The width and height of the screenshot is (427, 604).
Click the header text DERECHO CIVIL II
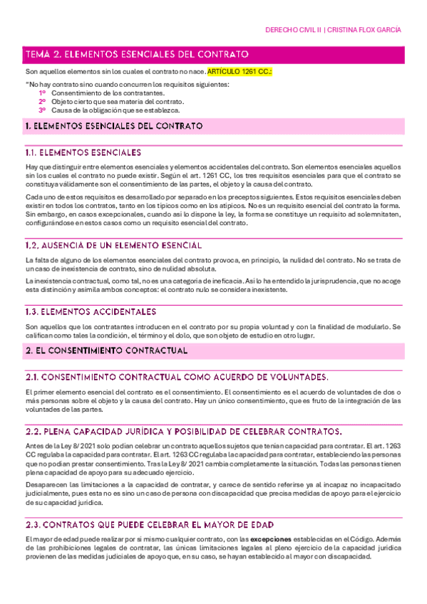(292, 30)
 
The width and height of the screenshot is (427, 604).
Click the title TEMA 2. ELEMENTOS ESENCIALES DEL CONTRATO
(136, 54)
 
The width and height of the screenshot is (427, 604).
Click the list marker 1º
(43, 93)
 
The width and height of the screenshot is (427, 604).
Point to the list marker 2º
(43, 102)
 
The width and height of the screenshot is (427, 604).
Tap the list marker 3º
(43, 110)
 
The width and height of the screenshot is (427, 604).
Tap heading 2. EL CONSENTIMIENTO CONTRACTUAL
(106, 351)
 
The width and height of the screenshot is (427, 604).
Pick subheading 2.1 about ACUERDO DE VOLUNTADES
(177, 376)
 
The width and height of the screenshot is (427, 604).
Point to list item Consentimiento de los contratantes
(108, 93)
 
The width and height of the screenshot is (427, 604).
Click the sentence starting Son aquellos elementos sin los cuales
(114, 72)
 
